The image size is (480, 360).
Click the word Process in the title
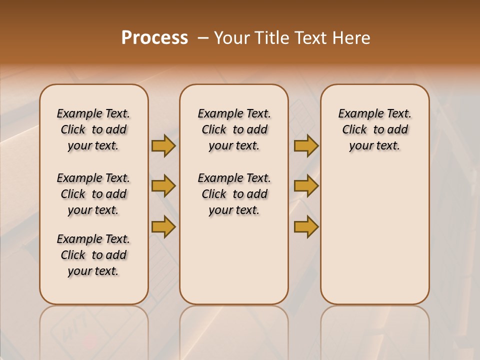[154, 37]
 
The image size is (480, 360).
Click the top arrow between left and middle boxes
[163, 145]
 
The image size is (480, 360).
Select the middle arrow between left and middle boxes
[163, 186]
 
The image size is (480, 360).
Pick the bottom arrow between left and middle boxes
[163, 227]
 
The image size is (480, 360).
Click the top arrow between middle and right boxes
[306, 145]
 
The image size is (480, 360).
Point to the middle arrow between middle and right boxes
[306, 186]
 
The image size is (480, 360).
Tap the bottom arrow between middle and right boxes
[306, 227]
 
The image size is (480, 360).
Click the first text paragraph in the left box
[93, 129]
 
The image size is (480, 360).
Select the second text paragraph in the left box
[93, 194]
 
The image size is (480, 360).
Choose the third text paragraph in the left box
[93, 255]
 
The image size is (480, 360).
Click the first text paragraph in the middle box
[234, 129]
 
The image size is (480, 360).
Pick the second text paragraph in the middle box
[234, 194]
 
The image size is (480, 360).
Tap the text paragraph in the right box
[374, 129]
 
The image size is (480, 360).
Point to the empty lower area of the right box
[374, 235]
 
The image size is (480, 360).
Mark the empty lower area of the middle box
[234, 260]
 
